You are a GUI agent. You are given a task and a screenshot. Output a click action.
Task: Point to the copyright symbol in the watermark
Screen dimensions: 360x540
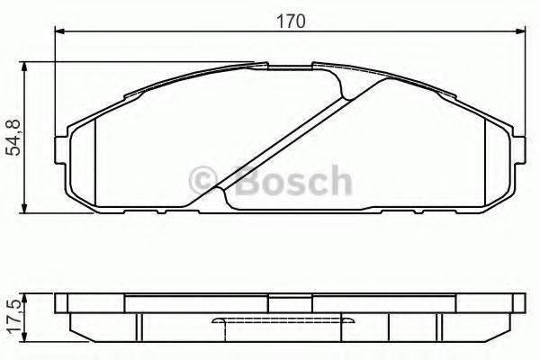(x=204, y=180)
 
